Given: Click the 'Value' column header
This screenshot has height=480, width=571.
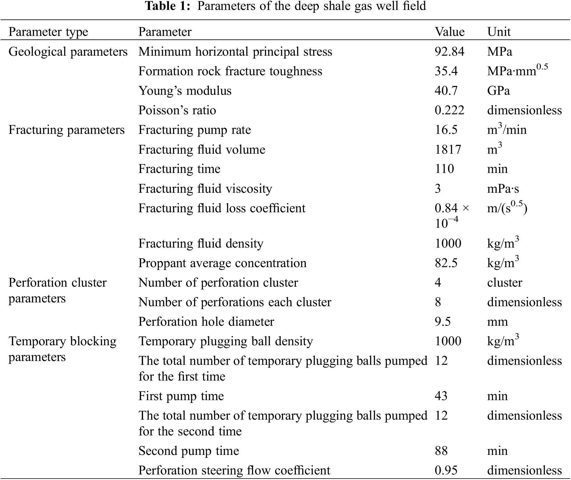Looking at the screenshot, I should point(449,32).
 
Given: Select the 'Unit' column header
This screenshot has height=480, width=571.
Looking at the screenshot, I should point(499,32).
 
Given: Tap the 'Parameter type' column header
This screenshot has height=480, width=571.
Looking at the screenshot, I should point(48,32).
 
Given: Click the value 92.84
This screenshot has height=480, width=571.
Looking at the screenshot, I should point(449,52).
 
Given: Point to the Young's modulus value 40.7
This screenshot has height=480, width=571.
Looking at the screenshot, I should point(446,91).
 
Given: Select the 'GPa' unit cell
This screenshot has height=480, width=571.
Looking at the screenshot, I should point(498,91).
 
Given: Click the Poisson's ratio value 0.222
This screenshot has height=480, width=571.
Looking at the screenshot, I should point(449,110).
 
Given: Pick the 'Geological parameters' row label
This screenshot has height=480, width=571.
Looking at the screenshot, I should point(68,52).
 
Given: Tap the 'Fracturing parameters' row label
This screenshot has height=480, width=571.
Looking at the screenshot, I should point(67,130).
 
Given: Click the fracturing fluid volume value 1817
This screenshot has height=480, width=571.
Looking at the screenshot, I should point(448,150).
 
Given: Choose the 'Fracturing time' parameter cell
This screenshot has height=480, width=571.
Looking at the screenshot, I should point(179,169).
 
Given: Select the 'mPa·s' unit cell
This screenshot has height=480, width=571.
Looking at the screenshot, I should point(503,189).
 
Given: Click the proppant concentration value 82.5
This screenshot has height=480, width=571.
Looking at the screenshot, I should point(446,263).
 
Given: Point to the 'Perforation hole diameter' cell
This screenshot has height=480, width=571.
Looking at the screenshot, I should point(206,322).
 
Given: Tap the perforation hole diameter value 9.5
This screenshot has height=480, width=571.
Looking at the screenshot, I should point(443,322).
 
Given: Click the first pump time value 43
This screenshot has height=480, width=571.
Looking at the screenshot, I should point(441,396).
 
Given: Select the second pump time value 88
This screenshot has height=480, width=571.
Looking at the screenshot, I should point(441,451).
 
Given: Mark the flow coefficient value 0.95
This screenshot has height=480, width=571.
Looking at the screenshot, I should point(446,470).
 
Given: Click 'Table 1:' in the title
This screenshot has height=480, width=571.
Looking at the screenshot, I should point(168,6).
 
